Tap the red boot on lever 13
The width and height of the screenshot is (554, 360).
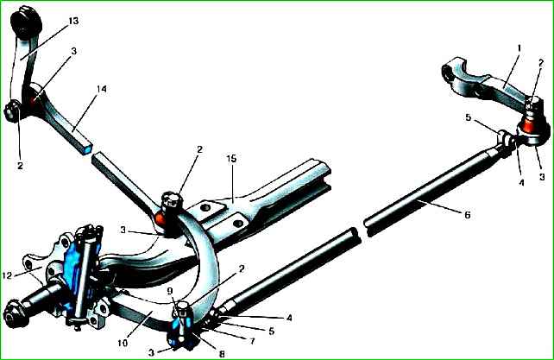point(34,92)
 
